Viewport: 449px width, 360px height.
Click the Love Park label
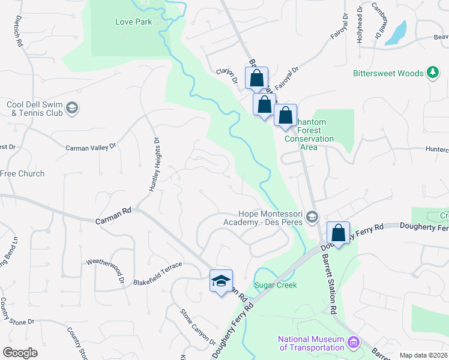coord(133,22)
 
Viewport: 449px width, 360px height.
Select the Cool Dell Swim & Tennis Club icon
coord(72,108)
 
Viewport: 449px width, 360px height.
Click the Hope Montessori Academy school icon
coord(311,216)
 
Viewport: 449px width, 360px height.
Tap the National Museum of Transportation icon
coord(353,343)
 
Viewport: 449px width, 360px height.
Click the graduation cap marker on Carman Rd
coord(221,280)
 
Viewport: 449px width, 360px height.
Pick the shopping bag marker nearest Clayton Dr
coord(256,78)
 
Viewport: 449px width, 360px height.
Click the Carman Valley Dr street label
coord(91,146)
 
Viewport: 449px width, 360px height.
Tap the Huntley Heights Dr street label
coord(154,164)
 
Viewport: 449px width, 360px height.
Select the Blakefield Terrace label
coord(157,281)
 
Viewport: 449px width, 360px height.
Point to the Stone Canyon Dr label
coord(198,326)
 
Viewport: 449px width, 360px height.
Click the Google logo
coord(20,353)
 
